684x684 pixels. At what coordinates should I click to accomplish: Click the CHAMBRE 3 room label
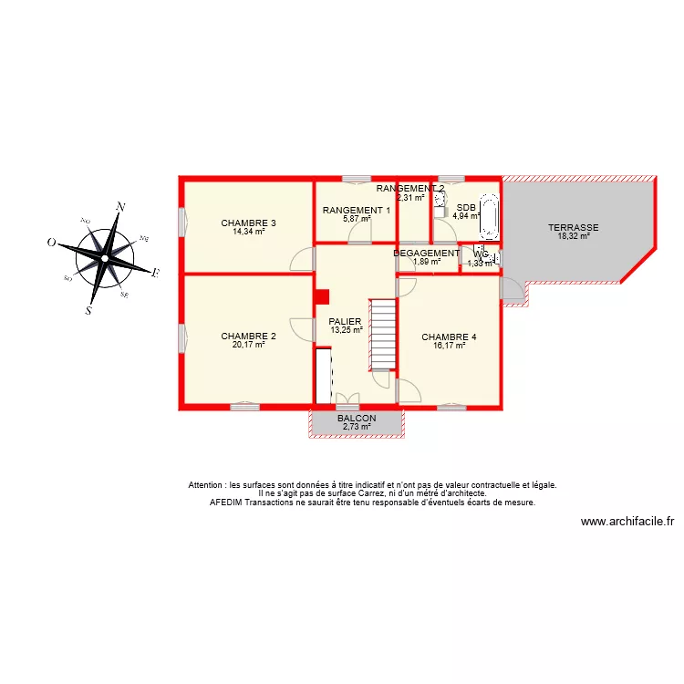click(248, 223)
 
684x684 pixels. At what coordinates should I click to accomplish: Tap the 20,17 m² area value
click(248, 345)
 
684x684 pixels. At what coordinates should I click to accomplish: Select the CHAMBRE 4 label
click(449, 337)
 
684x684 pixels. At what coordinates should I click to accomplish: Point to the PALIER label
click(346, 321)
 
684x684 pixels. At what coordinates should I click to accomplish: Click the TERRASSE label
click(573, 227)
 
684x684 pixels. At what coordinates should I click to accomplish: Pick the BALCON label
click(357, 418)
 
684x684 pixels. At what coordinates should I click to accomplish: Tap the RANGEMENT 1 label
click(357, 210)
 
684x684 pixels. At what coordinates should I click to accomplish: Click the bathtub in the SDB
click(490, 216)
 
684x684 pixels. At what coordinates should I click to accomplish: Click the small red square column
click(321, 296)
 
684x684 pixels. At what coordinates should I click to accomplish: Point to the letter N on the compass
click(120, 207)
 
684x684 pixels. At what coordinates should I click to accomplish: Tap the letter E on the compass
click(155, 273)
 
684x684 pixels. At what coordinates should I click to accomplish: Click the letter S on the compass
click(88, 310)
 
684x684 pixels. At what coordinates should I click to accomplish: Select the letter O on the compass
click(52, 243)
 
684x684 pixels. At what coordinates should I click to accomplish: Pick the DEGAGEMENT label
click(426, 254)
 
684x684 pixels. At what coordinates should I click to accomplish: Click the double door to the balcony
click(347, 398)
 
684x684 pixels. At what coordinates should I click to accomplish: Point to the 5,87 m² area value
click(357, 219)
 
